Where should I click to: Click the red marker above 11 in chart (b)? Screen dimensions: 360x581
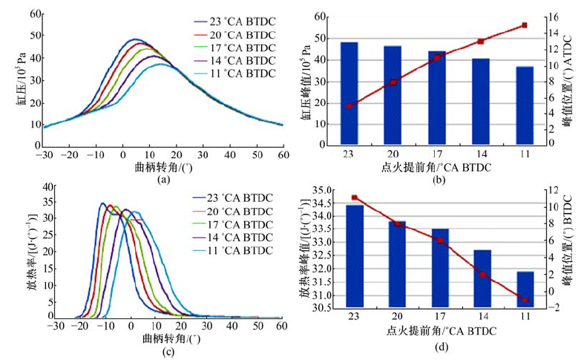pos(525,24)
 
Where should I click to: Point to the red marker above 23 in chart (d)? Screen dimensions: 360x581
pos(355,197)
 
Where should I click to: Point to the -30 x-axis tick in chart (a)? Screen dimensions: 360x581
pos(45,153)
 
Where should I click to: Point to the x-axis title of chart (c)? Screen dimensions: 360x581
pos(166,338)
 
